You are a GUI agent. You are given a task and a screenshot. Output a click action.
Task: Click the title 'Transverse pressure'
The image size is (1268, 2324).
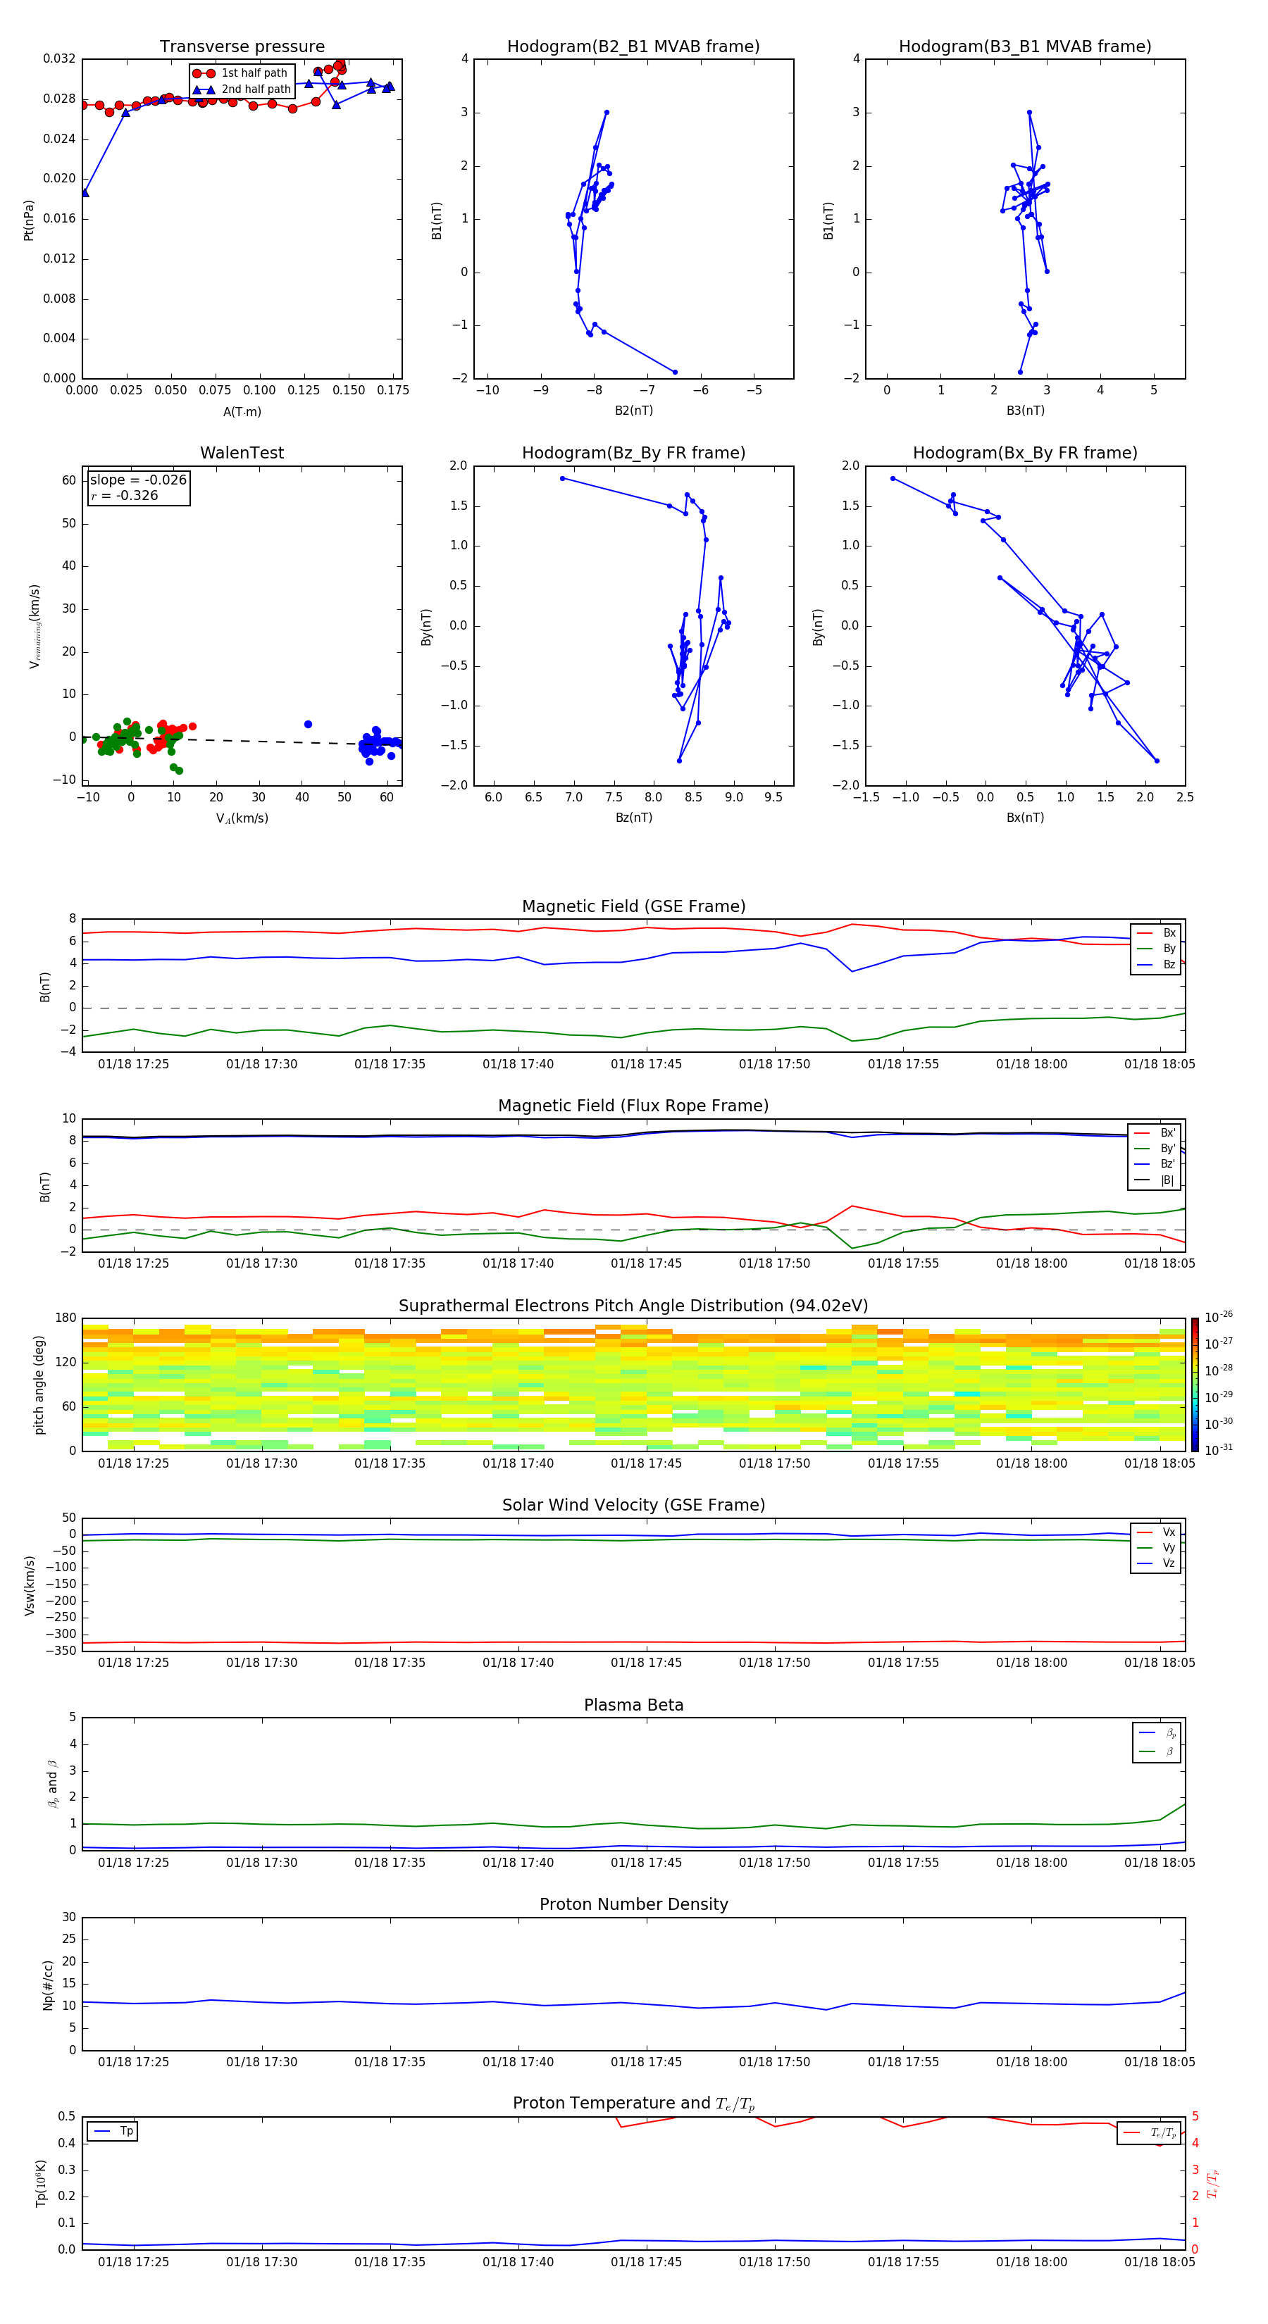(x=242, y=47)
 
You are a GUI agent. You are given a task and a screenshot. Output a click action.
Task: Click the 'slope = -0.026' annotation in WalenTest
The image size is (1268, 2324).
(x=138, y=480)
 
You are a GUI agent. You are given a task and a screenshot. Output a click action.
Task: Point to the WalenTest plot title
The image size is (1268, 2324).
(x=242, y=453)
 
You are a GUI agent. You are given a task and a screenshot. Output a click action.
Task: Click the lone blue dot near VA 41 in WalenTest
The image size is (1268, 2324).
(x=308, y=725)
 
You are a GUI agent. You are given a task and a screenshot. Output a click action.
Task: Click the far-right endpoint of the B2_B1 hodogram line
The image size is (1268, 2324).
(x=674, y=372)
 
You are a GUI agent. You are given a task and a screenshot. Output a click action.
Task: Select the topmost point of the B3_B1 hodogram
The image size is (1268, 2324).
(x=1028, y=113)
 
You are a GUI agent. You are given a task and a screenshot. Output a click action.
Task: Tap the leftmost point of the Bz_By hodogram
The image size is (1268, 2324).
(x=562, y=478)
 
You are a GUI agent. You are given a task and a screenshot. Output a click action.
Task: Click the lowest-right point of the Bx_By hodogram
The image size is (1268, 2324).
(x=1156, y=761)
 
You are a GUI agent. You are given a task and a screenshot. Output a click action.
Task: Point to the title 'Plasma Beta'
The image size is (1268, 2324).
(x=633, y=1705)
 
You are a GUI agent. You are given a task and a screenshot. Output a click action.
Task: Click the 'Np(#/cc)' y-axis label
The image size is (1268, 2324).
(x=48, y=1985)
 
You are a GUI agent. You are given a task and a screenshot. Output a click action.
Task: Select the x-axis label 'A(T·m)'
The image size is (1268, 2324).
(x=242, y=411)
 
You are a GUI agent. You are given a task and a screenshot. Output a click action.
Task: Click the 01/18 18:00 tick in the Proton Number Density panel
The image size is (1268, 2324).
(x=1031, y=2061)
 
